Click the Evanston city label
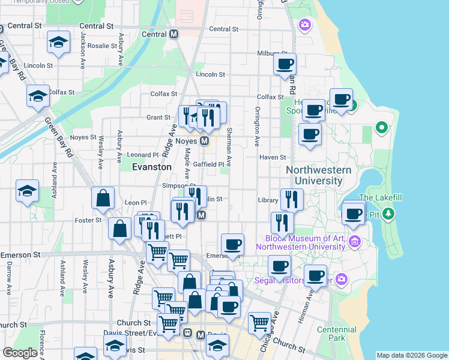152,167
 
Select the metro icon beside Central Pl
174,35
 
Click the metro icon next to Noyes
204,141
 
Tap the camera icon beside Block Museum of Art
354,242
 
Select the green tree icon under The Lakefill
389,213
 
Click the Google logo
20,353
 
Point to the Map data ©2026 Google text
412,355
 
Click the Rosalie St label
102,46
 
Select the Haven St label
273,157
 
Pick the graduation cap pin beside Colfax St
38,95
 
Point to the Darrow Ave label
10,279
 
